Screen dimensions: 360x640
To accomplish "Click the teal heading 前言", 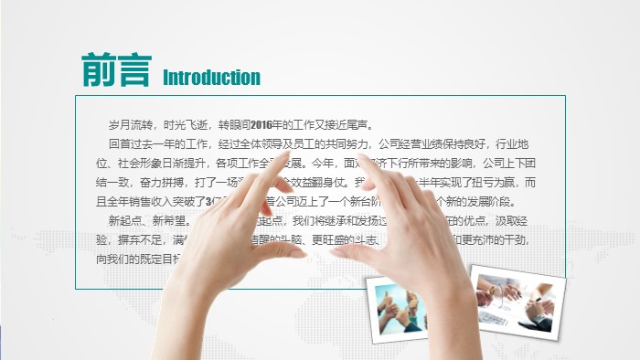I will point(114,70).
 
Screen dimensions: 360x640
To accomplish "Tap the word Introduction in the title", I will point(211,78).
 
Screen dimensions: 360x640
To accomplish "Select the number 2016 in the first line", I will point(261,125).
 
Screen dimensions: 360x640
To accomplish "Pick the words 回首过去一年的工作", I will point(160,144).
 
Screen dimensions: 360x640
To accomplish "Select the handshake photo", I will point(517,299).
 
